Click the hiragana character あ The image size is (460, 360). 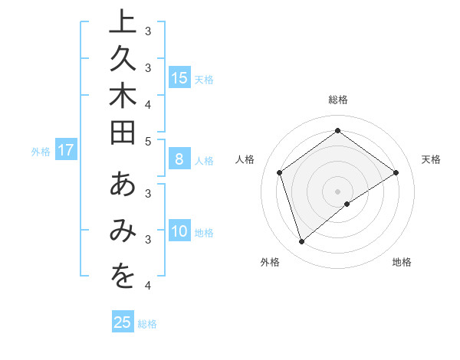(123, 185)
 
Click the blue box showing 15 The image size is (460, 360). (179, 77)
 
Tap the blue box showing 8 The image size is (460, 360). (179, 160)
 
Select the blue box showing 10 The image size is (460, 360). (179, 231)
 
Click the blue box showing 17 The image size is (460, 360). (66, 151)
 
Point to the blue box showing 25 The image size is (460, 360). (123, 322)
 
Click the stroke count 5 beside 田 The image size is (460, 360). (147, 140)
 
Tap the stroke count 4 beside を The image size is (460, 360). (147, 286)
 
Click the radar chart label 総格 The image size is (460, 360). (338, 100)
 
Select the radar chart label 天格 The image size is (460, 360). (431, 159)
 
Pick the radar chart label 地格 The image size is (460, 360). (402, 262)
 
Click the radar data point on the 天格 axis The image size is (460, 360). (396, 172)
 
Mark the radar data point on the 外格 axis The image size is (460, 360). (302, 242)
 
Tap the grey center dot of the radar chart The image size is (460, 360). (338, 191)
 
